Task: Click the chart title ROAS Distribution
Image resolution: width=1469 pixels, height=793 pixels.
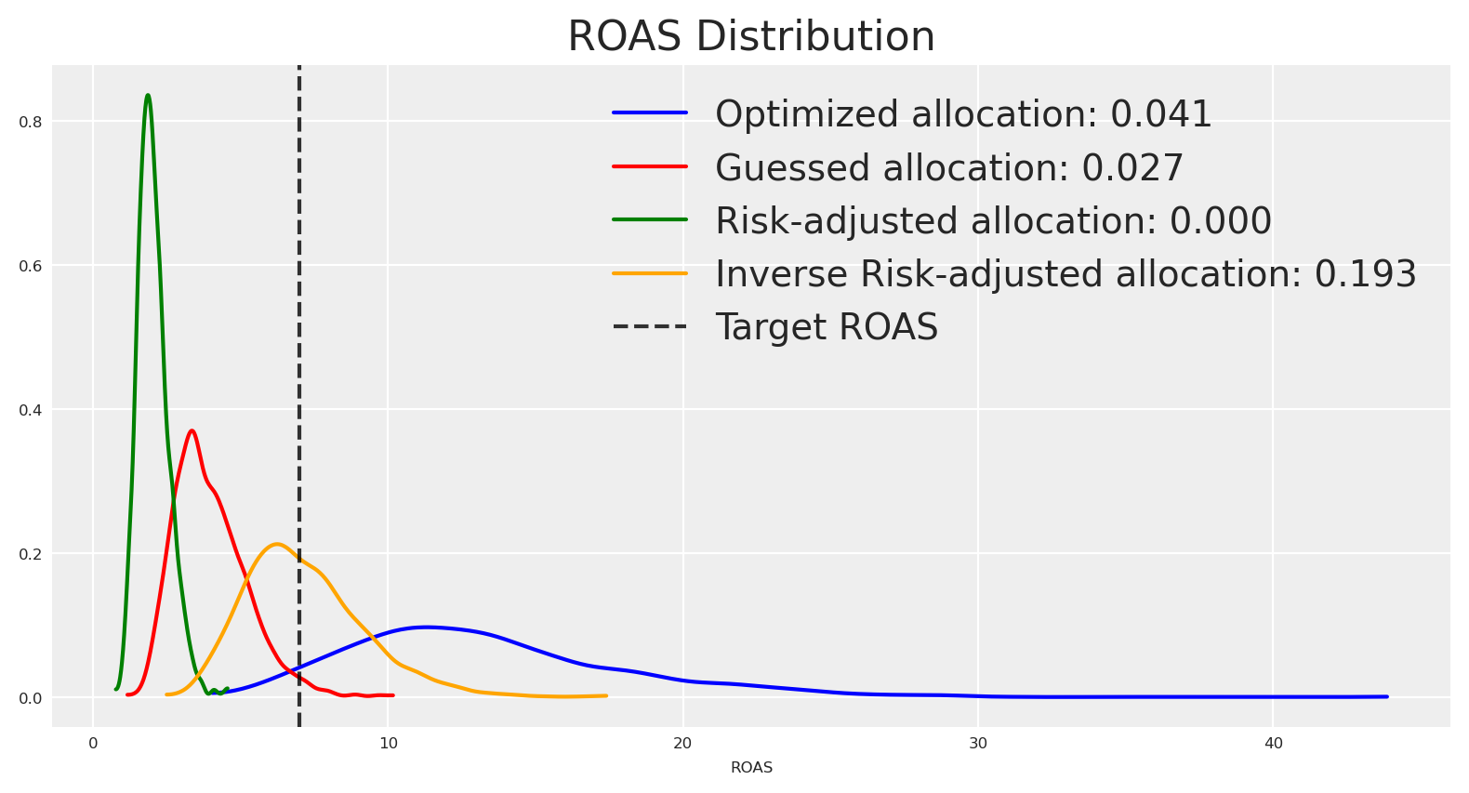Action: (751, 37)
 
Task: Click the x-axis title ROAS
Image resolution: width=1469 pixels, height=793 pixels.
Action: (751, 768)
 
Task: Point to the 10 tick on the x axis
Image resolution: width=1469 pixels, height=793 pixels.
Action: (388, 744)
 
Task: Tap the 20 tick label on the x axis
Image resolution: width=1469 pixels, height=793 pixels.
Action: (682, 744)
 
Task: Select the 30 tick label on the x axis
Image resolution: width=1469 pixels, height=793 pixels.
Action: (978, 744)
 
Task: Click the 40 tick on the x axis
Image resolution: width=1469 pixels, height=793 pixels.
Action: (1273, 744)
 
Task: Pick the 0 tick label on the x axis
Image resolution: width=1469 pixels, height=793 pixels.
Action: (93, 744)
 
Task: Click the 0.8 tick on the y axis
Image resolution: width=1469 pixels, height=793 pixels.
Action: (31, 122)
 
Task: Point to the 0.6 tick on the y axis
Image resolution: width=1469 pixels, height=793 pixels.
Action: (31, 266)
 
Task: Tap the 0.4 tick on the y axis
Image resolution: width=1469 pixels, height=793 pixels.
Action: (31, 410)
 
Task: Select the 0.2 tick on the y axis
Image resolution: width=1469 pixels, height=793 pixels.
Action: (31, 554)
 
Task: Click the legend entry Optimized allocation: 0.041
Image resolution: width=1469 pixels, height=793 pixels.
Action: (963, 114)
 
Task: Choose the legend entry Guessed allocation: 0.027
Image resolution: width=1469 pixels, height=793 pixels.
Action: (948, 168)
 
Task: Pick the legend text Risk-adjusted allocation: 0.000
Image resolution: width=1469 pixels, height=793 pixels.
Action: (993, 221)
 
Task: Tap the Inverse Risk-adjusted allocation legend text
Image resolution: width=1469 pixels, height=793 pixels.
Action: (1065, 274)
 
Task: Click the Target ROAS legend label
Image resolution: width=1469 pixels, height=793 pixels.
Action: (827, 327)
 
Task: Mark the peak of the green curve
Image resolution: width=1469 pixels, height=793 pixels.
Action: (148, 95)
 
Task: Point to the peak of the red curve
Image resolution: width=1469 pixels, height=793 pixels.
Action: (192, 430)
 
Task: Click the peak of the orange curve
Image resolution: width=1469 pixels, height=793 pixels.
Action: (276, 544)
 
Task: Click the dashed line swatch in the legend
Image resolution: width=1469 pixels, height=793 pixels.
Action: (650, 327)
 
